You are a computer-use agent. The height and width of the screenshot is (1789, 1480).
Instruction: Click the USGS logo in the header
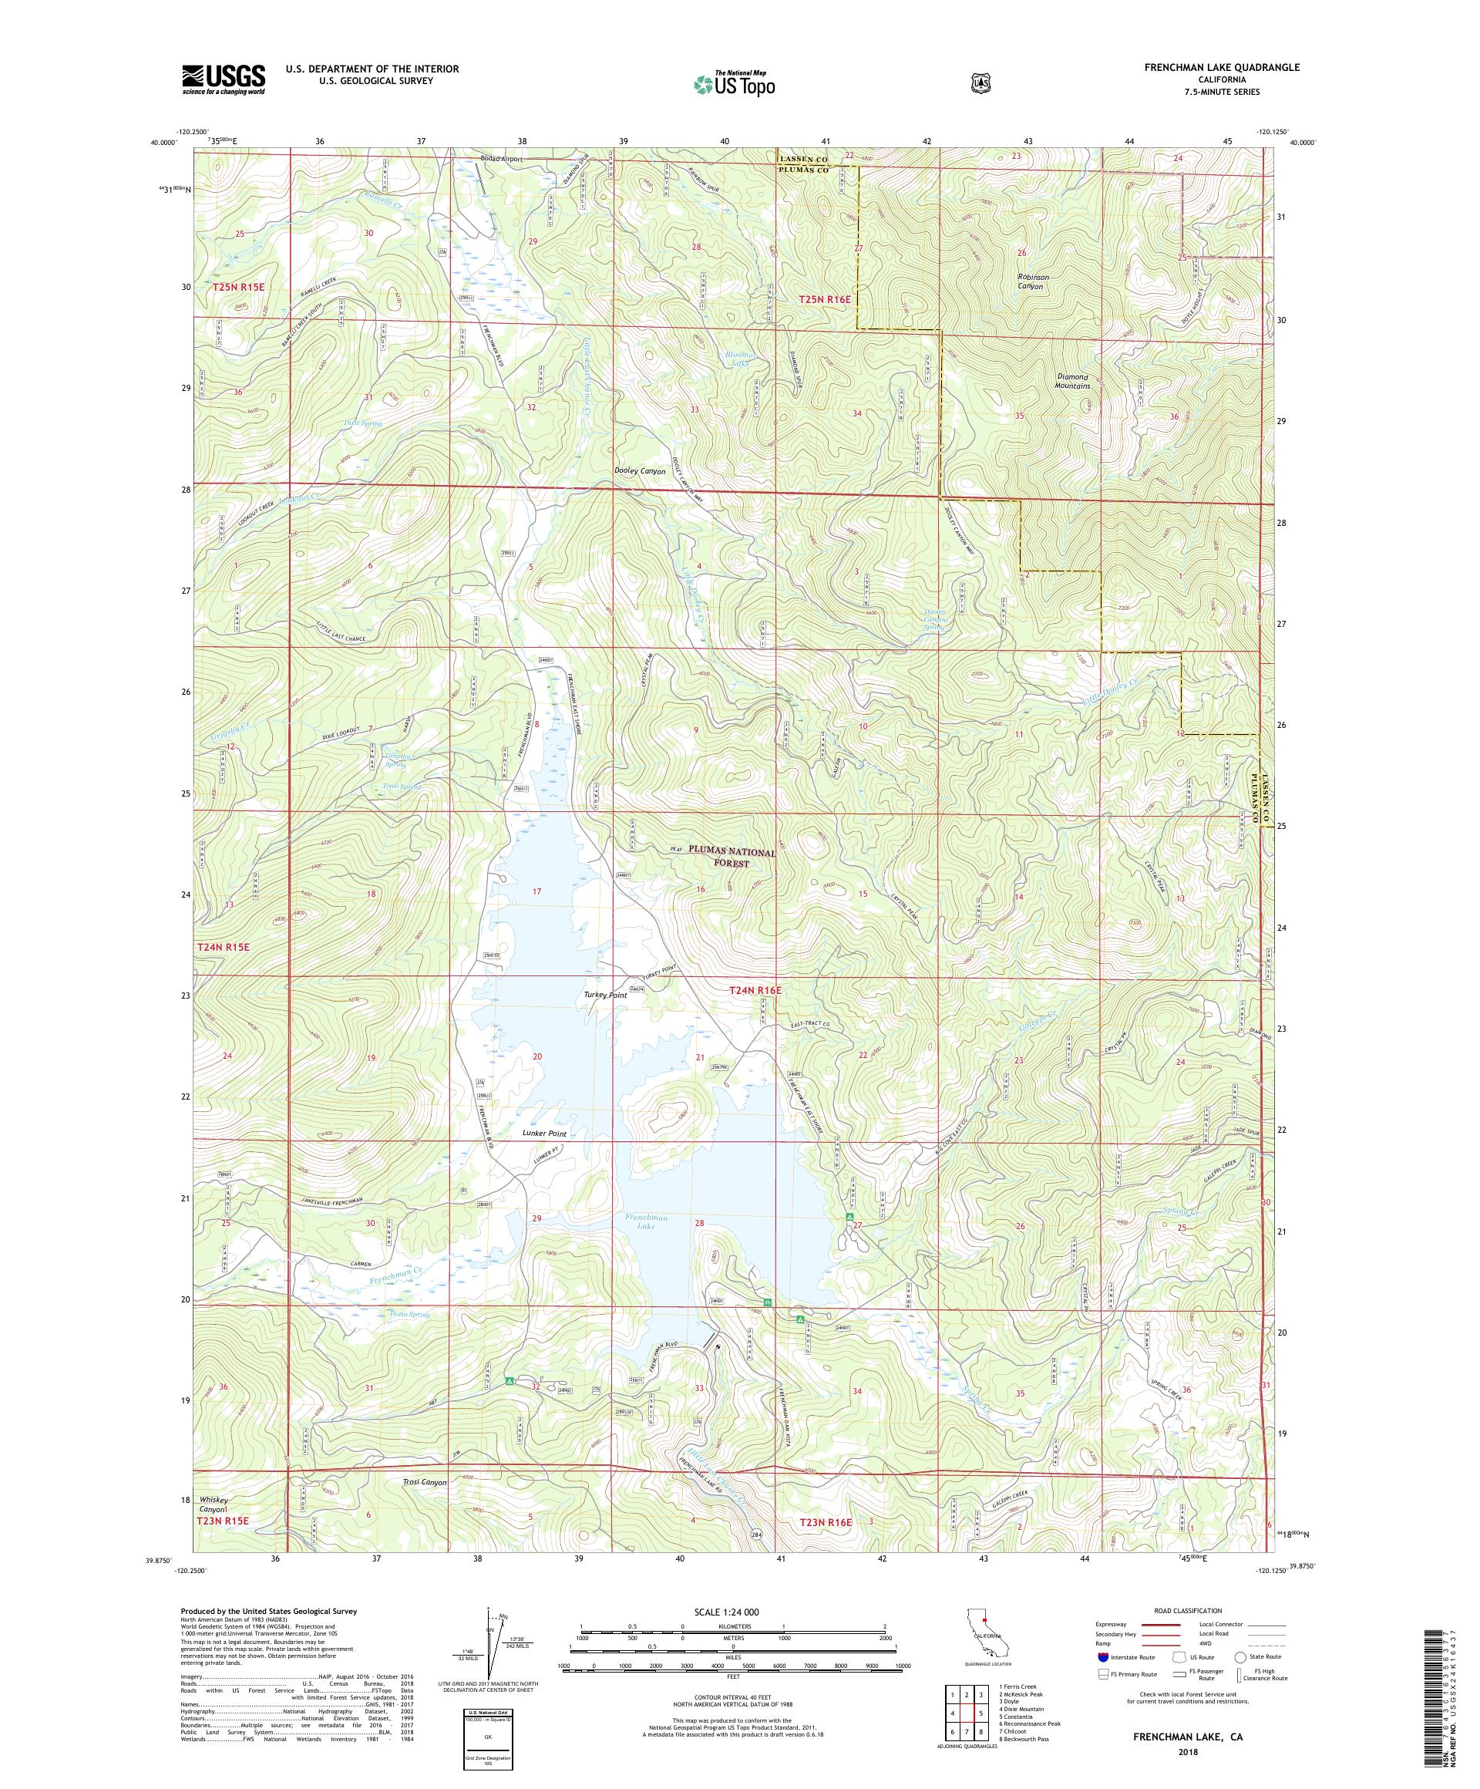[x=222, y=80]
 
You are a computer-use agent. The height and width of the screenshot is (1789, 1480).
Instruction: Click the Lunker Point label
[x=543, y=1134]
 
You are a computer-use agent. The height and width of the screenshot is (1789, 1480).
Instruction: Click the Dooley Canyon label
[x=639, y=471]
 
